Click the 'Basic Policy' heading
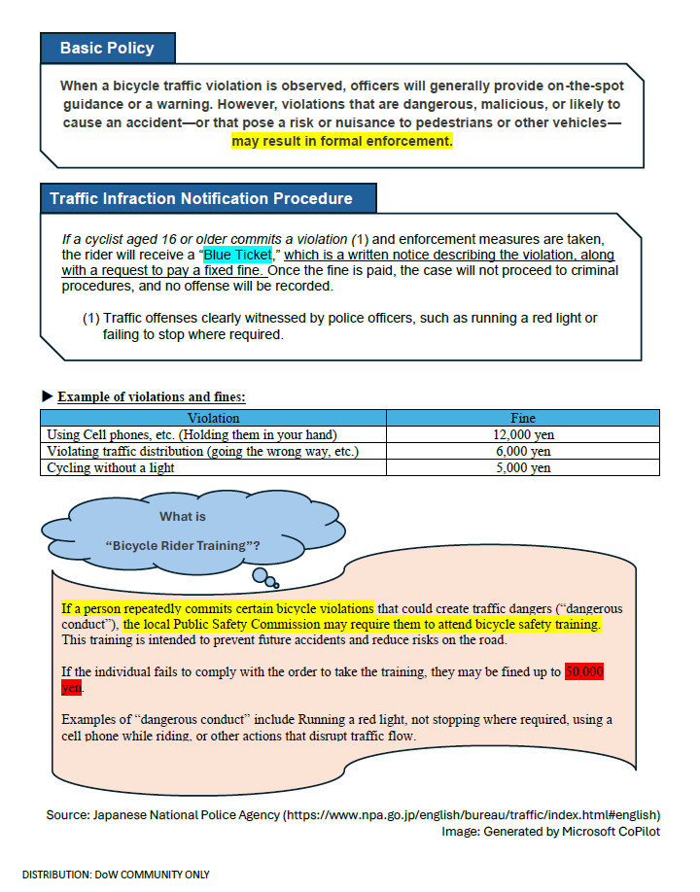[107, 48]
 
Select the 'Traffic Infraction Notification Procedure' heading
[201, 198]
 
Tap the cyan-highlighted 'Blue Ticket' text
[237, 255]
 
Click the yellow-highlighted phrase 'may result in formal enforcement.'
[341, 141]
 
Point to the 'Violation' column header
[213, 419]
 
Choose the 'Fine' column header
[522, 419]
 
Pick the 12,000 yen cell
[522, 435]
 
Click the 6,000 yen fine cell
[522, 452]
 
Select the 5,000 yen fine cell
[522, 468]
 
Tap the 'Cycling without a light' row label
[110, 468]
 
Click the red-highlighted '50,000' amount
[584, 672]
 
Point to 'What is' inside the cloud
[183, 517]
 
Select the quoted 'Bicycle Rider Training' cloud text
[182, 545]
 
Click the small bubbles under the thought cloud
[264, 578]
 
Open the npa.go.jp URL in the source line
[472, 814]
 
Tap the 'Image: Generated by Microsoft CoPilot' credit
[550, 832]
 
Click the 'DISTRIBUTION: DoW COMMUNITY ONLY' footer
[116, 875]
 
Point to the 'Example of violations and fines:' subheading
[151, 397]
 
